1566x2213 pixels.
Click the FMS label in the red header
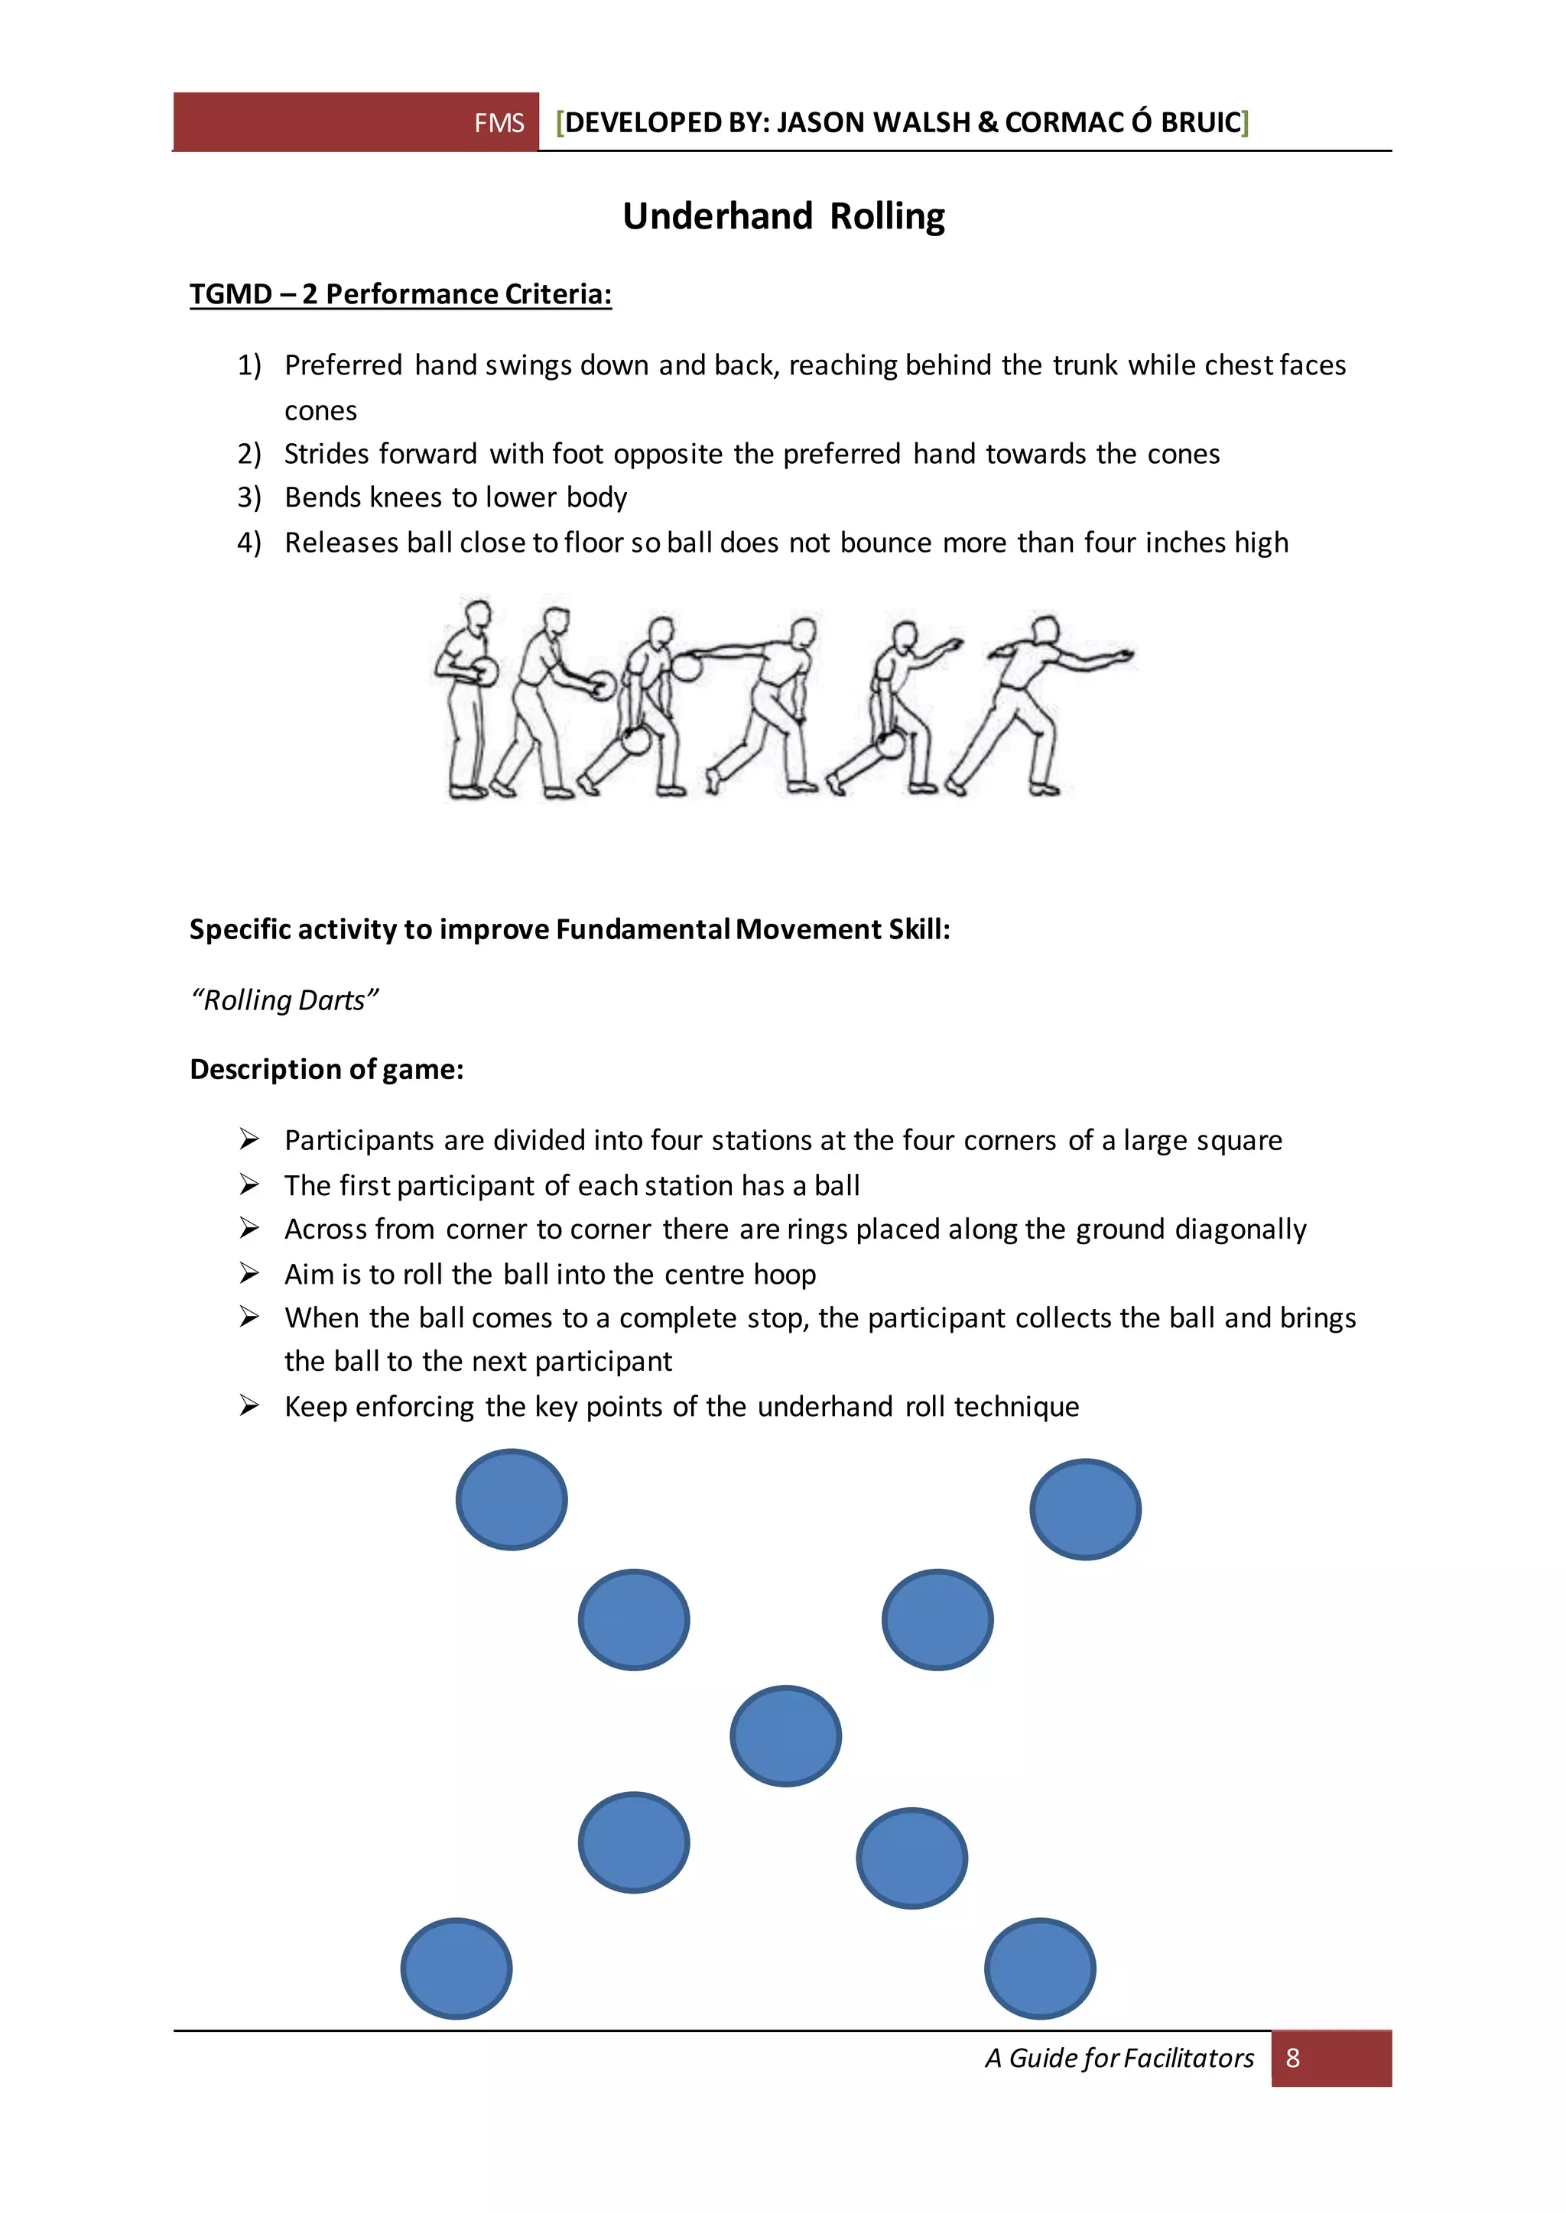[499, 123]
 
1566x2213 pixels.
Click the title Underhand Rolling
[783, 216]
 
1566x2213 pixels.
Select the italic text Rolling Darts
[284, 1000]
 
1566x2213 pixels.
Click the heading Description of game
[326, 1070]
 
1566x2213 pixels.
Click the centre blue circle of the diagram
[785, 1736]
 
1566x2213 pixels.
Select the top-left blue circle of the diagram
[511, 1500]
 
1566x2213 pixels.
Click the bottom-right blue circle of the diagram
[1039, 1968]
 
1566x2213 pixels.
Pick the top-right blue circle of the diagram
[1085, 1509]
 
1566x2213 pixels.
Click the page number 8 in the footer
[1292, 2058]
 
